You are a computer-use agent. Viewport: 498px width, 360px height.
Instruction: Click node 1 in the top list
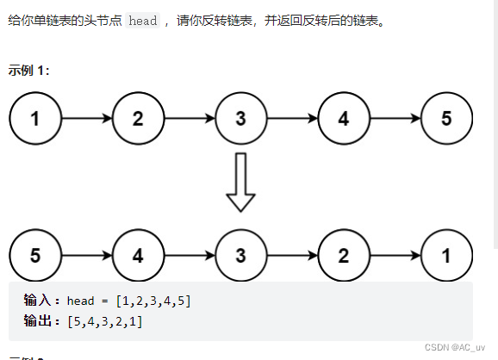(34, 119)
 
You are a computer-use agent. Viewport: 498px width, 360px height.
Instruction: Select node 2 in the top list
(138, 119)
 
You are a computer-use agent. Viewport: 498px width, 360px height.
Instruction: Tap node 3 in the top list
(240, 119)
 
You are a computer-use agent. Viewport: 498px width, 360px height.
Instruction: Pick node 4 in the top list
(344, 119)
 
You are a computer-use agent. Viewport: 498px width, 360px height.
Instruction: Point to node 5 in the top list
(446, 119)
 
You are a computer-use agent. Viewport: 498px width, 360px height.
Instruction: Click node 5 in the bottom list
(34, 255)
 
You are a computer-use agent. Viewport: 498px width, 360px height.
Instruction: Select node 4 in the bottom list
(138, 255)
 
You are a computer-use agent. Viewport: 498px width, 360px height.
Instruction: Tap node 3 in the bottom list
(240, 255)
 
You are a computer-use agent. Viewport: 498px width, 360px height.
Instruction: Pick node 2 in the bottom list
(344, 255)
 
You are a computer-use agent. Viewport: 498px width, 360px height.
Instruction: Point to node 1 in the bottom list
(446, 255)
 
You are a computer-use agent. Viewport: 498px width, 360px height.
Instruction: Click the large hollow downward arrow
(240, 183)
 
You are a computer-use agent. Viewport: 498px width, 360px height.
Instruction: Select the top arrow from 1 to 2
(86, 119)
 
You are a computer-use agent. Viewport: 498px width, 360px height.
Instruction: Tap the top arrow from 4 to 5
(395, 119)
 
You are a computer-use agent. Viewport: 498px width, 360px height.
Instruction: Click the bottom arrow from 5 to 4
(86, 255)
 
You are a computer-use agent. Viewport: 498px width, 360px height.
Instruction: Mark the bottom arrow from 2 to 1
(395, 255)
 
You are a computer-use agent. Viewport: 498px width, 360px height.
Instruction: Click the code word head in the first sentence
(143, 21)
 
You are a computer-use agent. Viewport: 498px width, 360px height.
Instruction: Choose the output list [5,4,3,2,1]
(104, 321)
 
